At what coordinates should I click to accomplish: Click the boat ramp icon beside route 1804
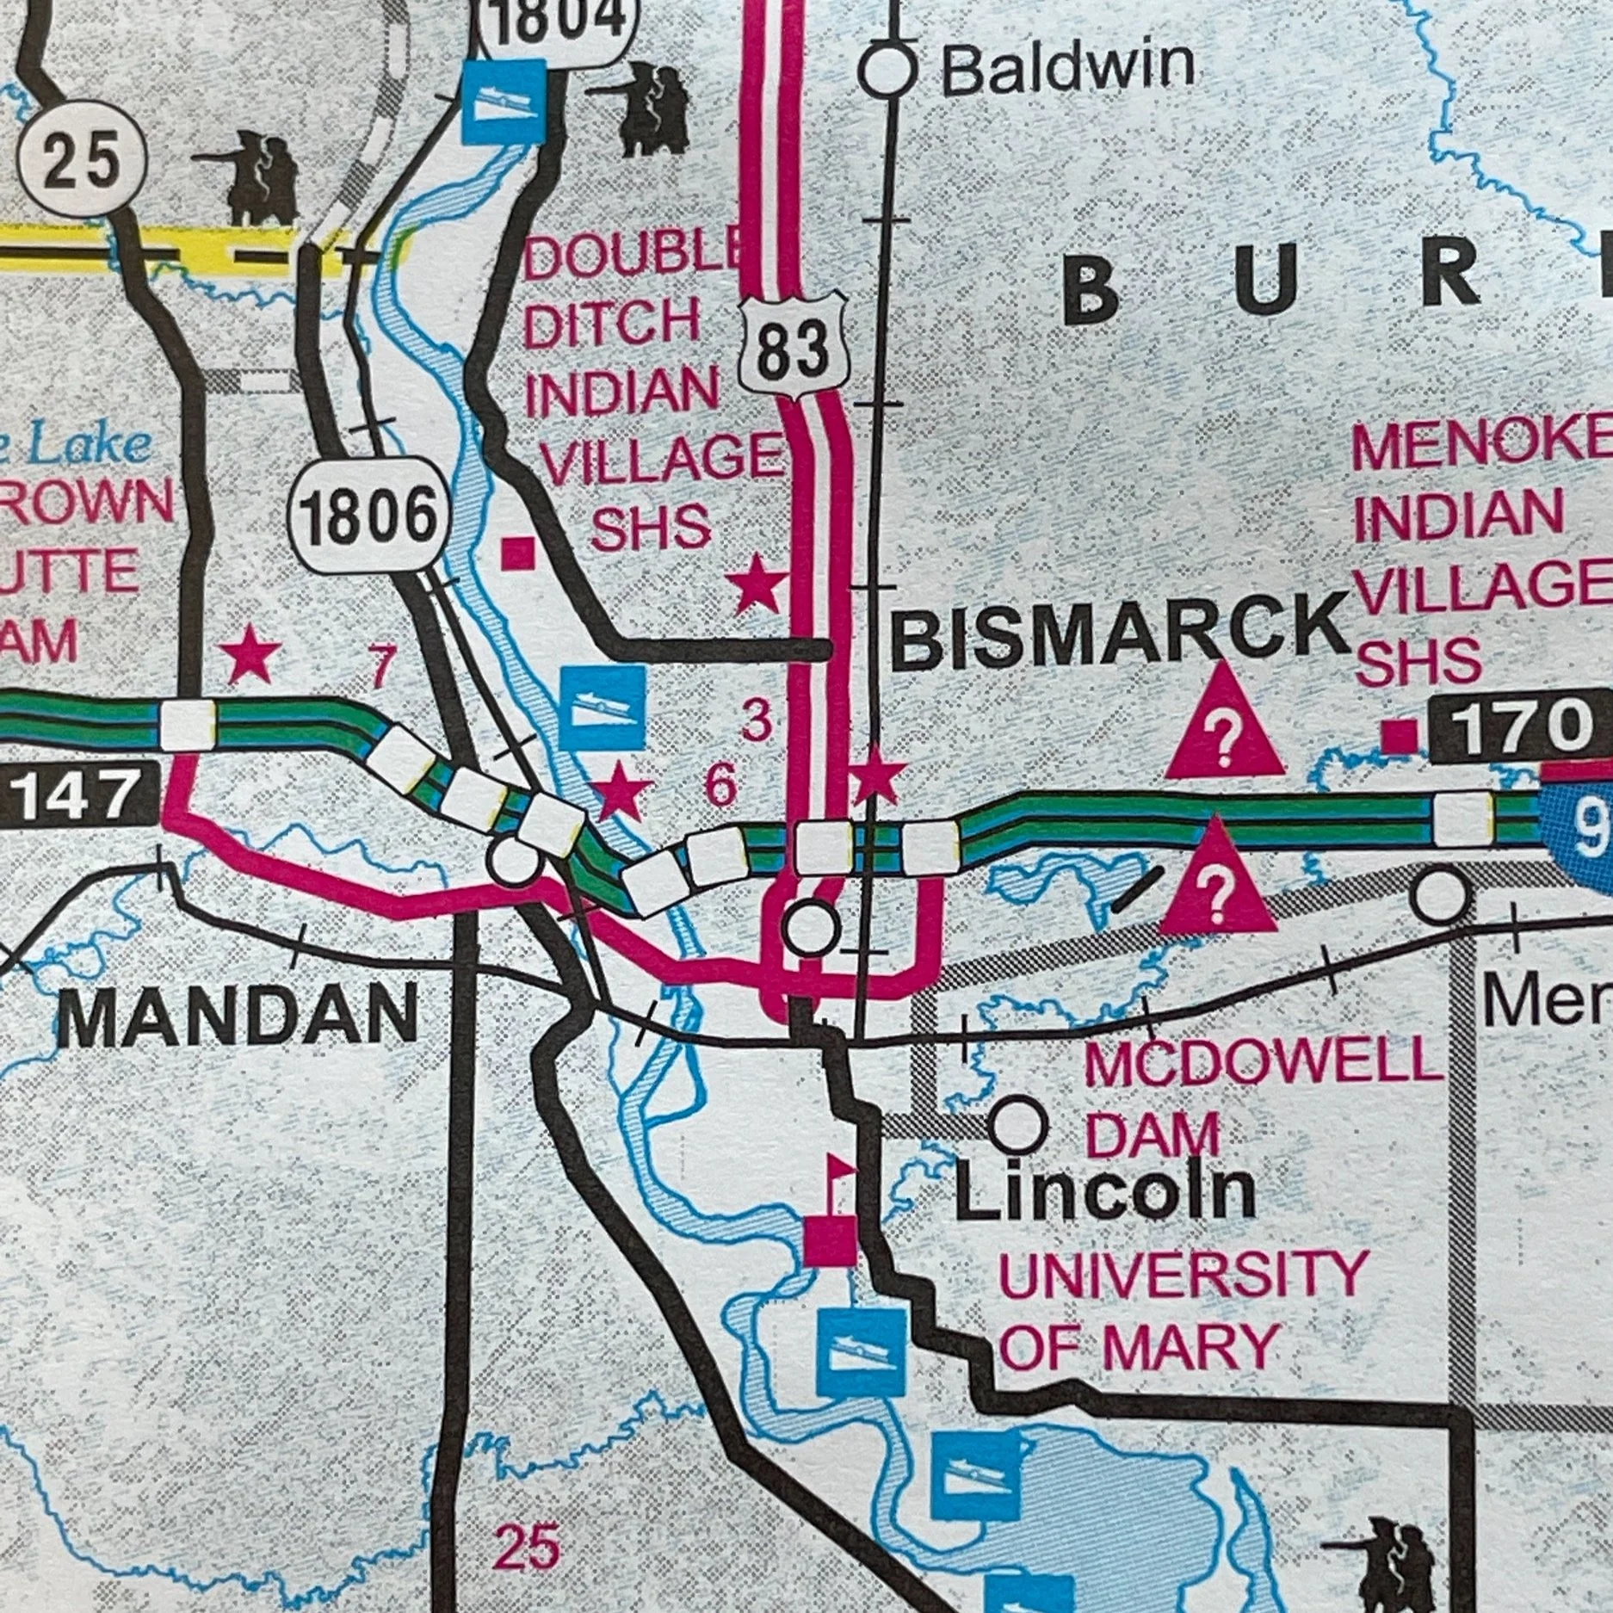(504, 102)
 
